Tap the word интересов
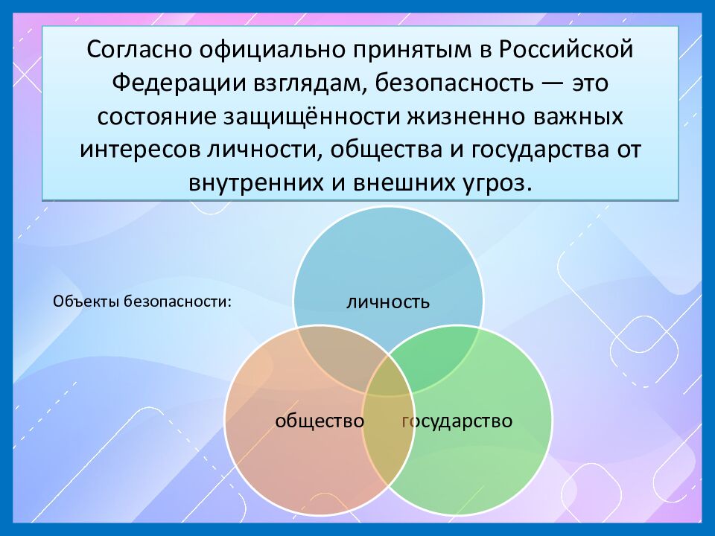[x=139, y=150]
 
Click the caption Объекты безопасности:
[x=142, y=301]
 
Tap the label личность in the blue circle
[x=387, y=301]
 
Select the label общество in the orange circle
[x=319, y=421]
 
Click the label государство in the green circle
[x=457, y=421]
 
